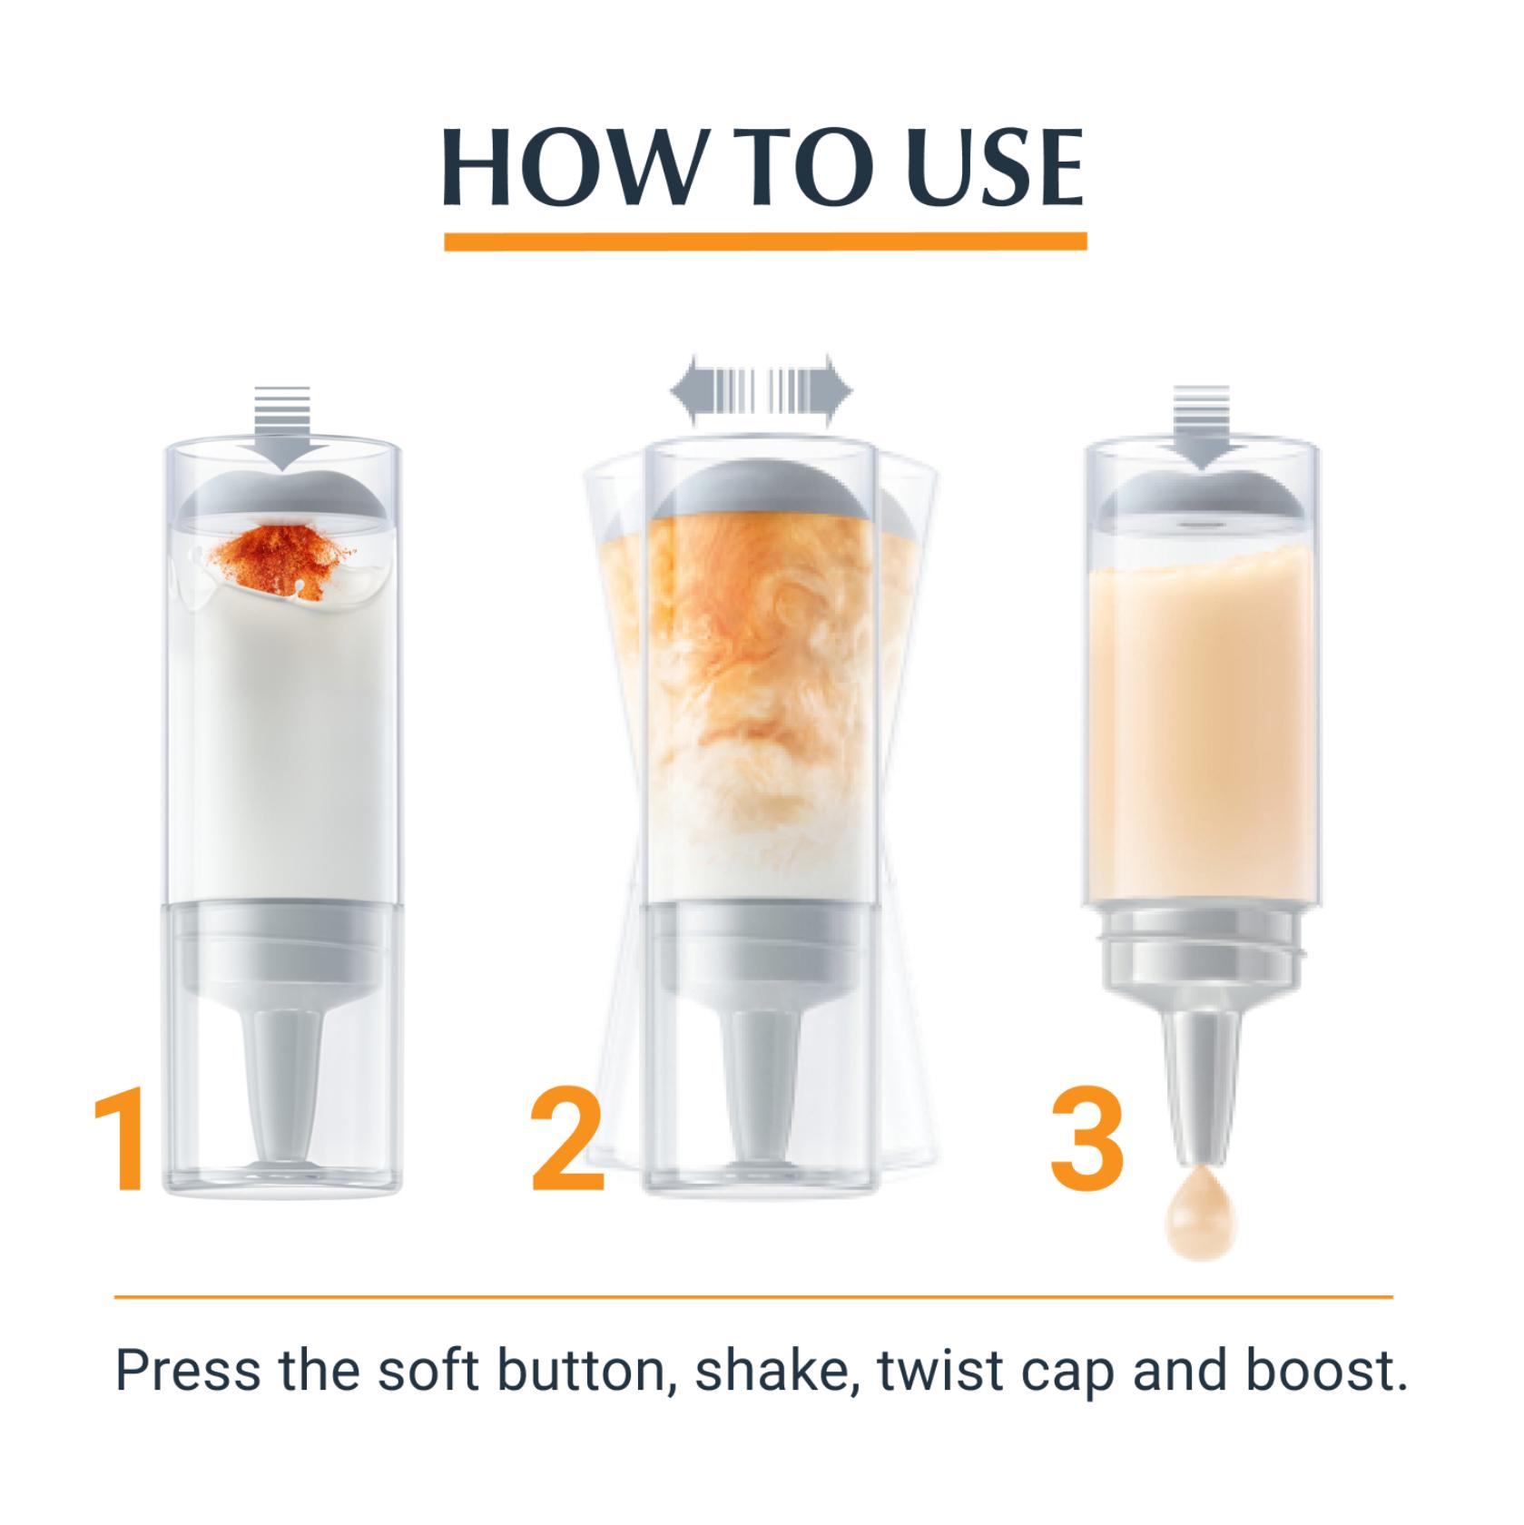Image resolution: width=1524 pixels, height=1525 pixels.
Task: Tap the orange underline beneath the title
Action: (x=765, y=241)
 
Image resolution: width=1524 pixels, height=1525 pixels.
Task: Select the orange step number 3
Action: (x=1088, y=1143)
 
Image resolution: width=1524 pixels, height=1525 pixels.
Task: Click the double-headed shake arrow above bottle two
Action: (x=762, y=391)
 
